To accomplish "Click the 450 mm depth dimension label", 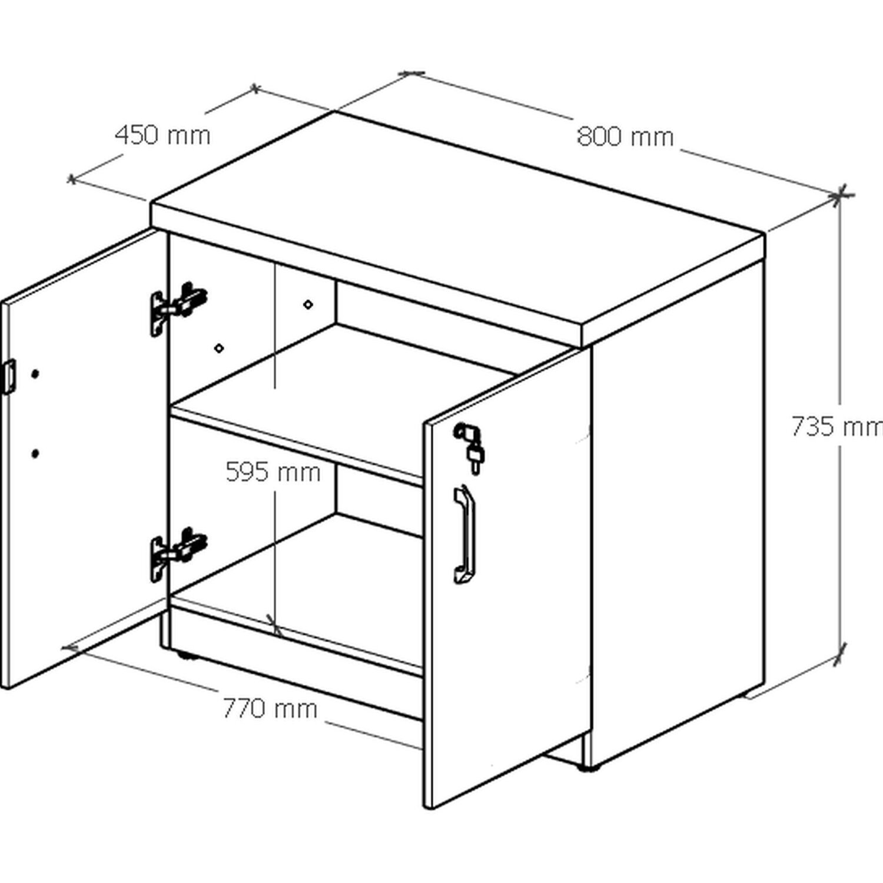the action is (162, 135).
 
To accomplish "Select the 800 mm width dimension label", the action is (625, 137).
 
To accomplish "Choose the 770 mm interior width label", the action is (270, 708).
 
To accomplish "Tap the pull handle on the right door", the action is (463, 535).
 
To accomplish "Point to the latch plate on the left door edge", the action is (8, 376).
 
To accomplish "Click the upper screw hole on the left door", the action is (35, 374).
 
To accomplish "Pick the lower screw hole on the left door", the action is (36, 453).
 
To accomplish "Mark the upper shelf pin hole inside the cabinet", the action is (307, 304).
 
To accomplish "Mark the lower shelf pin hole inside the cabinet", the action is (219, 348).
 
